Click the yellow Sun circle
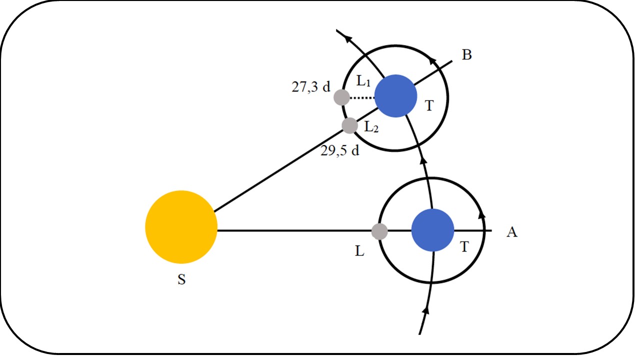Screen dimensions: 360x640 pos(181,227)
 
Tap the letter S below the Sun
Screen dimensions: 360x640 pos(181,280)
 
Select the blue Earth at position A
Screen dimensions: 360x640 pos(432,230)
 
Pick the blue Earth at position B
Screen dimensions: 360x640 pos(395,96)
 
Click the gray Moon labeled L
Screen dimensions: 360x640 pos(379,231)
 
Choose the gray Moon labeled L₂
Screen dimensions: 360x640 pos(349,125)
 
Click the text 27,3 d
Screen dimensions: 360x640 pos(311,86)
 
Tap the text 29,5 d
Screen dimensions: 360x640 pos(340,150)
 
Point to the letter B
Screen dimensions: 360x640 pos(466,55)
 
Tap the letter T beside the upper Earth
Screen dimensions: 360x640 pos(428,105)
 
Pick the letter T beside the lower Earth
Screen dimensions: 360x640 pos(465,246)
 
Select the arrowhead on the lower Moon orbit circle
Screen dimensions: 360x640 pos(482,213)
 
